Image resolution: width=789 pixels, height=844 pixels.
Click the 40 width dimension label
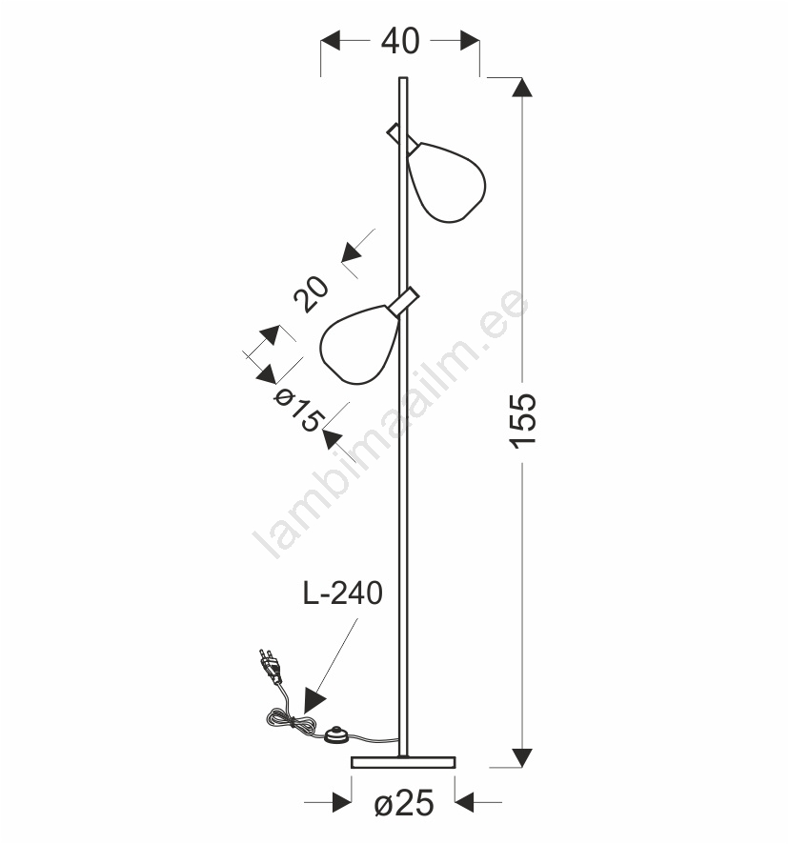[x=400, y=41]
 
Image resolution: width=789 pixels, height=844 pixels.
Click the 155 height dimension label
[x=522, y=421]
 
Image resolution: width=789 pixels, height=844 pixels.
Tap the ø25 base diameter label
[x=404, y=804]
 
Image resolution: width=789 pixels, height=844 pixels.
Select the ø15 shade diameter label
[x=298, y=411]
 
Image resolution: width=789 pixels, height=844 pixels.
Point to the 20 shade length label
[x=312, y=294]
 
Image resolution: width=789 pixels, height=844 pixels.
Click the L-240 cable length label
[x=342, y=593]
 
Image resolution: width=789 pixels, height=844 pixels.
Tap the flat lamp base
[x=403, y=762]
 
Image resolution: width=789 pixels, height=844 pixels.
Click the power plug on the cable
[x=271, y=667]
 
